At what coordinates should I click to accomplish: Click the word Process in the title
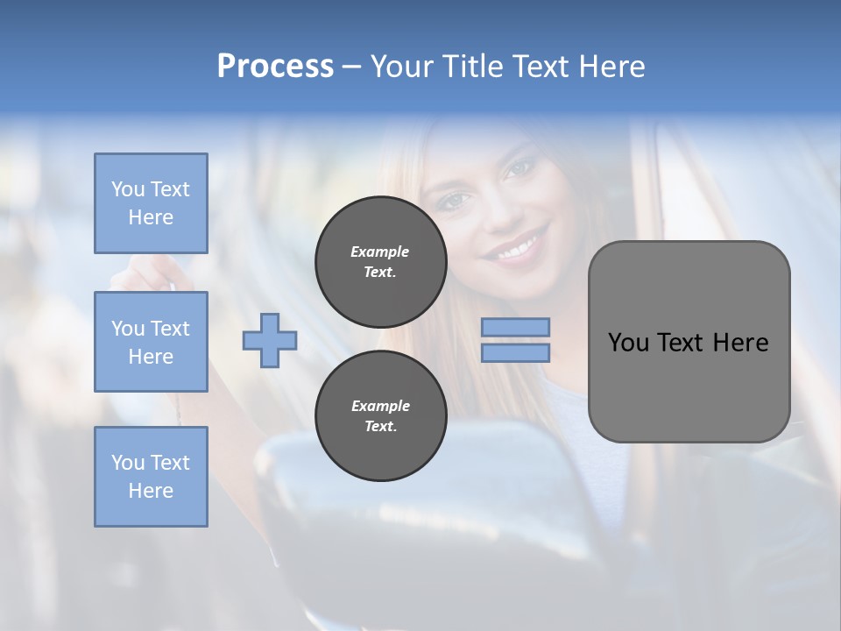point(275,67)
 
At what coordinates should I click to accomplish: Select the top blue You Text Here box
point(151,203)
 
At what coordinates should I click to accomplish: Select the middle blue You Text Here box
point(151,342)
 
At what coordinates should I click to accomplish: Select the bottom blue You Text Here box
point(151,477)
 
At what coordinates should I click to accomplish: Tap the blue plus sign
point(270,340)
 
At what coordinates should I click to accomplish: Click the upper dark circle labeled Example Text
point(380,262)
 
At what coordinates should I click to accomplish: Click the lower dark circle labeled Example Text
point(380,415)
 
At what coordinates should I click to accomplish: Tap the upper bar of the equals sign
point(515,328)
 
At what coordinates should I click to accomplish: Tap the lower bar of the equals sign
point(515,352)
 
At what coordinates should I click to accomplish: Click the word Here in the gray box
point(740,343)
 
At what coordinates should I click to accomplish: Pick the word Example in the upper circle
point(380,252)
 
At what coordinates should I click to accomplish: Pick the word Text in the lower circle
point(380,427)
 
